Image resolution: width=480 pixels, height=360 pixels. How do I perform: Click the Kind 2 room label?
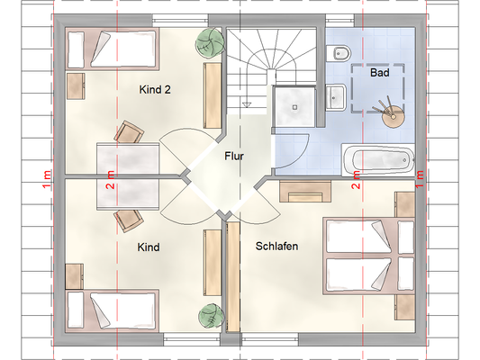coord(155,90)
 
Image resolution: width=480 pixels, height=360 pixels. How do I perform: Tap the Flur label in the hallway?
coord(234,156)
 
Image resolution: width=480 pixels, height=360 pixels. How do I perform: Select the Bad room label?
coord(380,73)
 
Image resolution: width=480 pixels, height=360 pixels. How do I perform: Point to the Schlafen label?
coord(276,247)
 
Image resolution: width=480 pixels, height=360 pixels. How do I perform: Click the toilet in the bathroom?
coord(338,54)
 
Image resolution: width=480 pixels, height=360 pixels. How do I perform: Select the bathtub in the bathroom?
coord(378,160)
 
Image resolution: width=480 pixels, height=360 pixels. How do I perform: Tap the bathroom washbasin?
coord(336,97)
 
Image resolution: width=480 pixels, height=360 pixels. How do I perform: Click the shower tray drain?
coord(294,107)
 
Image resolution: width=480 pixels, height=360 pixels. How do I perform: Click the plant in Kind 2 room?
coord(209,42)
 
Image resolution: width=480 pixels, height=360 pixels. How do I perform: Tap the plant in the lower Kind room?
coord(211,316)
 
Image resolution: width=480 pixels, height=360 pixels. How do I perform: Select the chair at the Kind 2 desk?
coord(129,132)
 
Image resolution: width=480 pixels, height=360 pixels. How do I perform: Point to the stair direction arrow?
coord(247,105)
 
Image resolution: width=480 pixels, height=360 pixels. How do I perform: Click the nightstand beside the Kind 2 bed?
coord(76,86)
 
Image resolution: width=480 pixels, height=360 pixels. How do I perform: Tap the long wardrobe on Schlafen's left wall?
coord(233,277)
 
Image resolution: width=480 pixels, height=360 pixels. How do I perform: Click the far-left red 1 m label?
coord(47,179)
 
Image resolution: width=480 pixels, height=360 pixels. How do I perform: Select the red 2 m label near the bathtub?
coord(357,180)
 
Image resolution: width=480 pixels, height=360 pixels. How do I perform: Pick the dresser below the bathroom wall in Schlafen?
coord(305,191)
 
